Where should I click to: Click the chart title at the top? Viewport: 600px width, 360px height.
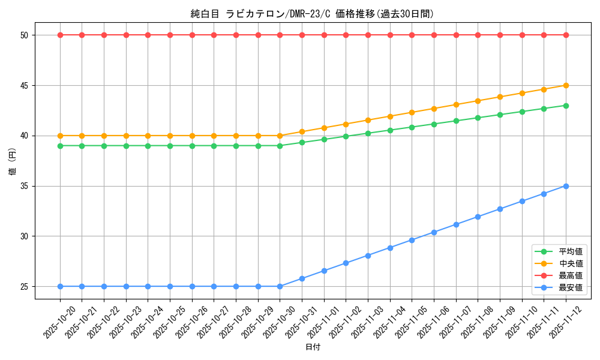pyautogui.click(x=312, y=14)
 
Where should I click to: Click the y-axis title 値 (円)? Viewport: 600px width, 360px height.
pyautogui.click(x=13, y=161)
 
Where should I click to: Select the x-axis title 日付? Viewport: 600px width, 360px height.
pyautogui.click(x=313, y=347)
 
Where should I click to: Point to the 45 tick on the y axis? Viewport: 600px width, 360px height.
pyautogui.click(x=24, y=85)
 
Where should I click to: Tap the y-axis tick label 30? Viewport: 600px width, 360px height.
pyautogui.click(x=24, y=236)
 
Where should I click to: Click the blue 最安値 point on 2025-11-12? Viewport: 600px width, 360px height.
pyautogui.click(x=566, y=186)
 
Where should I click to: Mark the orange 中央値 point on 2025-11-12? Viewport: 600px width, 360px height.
pyautogui.click(x=566, y=85)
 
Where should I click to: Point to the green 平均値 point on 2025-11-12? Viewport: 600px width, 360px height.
pyautogui.click(x=566, y=106)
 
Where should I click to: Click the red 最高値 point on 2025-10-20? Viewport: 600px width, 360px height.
pyautogui.click(x=60, y=35)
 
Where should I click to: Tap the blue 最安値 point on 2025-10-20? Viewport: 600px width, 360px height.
pyautogui.click(x=60, y=286)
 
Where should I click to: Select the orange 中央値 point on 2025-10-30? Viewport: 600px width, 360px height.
pyautogui.click(x=280, y=136)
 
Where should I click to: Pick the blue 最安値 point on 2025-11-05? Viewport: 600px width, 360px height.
pyautogui.click(x=412, y=240)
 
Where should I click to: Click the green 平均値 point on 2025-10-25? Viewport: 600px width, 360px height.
pyautogui.click(x=170, y=146)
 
